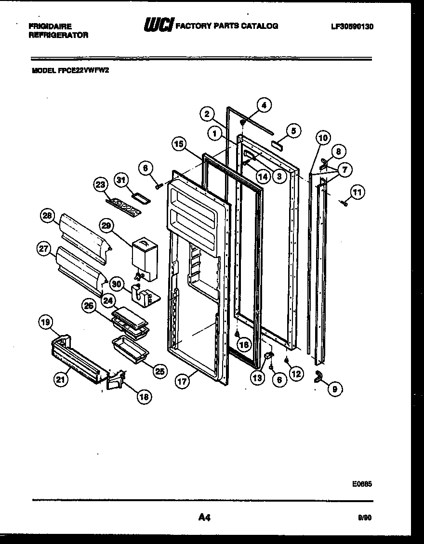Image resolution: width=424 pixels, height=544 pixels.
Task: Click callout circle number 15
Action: pyautogui.click(x=179, y=144)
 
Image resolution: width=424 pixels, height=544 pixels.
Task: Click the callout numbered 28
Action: pyautogui.click(x=47, y=217)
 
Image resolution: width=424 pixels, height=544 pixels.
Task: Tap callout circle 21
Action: pyautogui.click(x=60, y=379)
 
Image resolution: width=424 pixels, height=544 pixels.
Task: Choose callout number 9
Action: pyautogui.click(x=335, y=389)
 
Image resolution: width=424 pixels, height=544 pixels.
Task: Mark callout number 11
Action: pyautogui.click(x=357, y=193)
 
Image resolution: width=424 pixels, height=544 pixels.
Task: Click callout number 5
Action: pyautogui.click(x=293, y=130)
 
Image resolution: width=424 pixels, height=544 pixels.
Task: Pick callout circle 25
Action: pyautogui.click(x=159, y=370)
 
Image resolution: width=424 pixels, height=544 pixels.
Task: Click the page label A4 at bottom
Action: pyautogui.click(x=204, y=518)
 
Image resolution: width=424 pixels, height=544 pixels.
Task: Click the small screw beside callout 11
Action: pyautogui.click(x=344, y=204)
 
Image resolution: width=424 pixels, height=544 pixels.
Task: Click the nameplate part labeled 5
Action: pyautogui.click(x=278, y=144)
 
